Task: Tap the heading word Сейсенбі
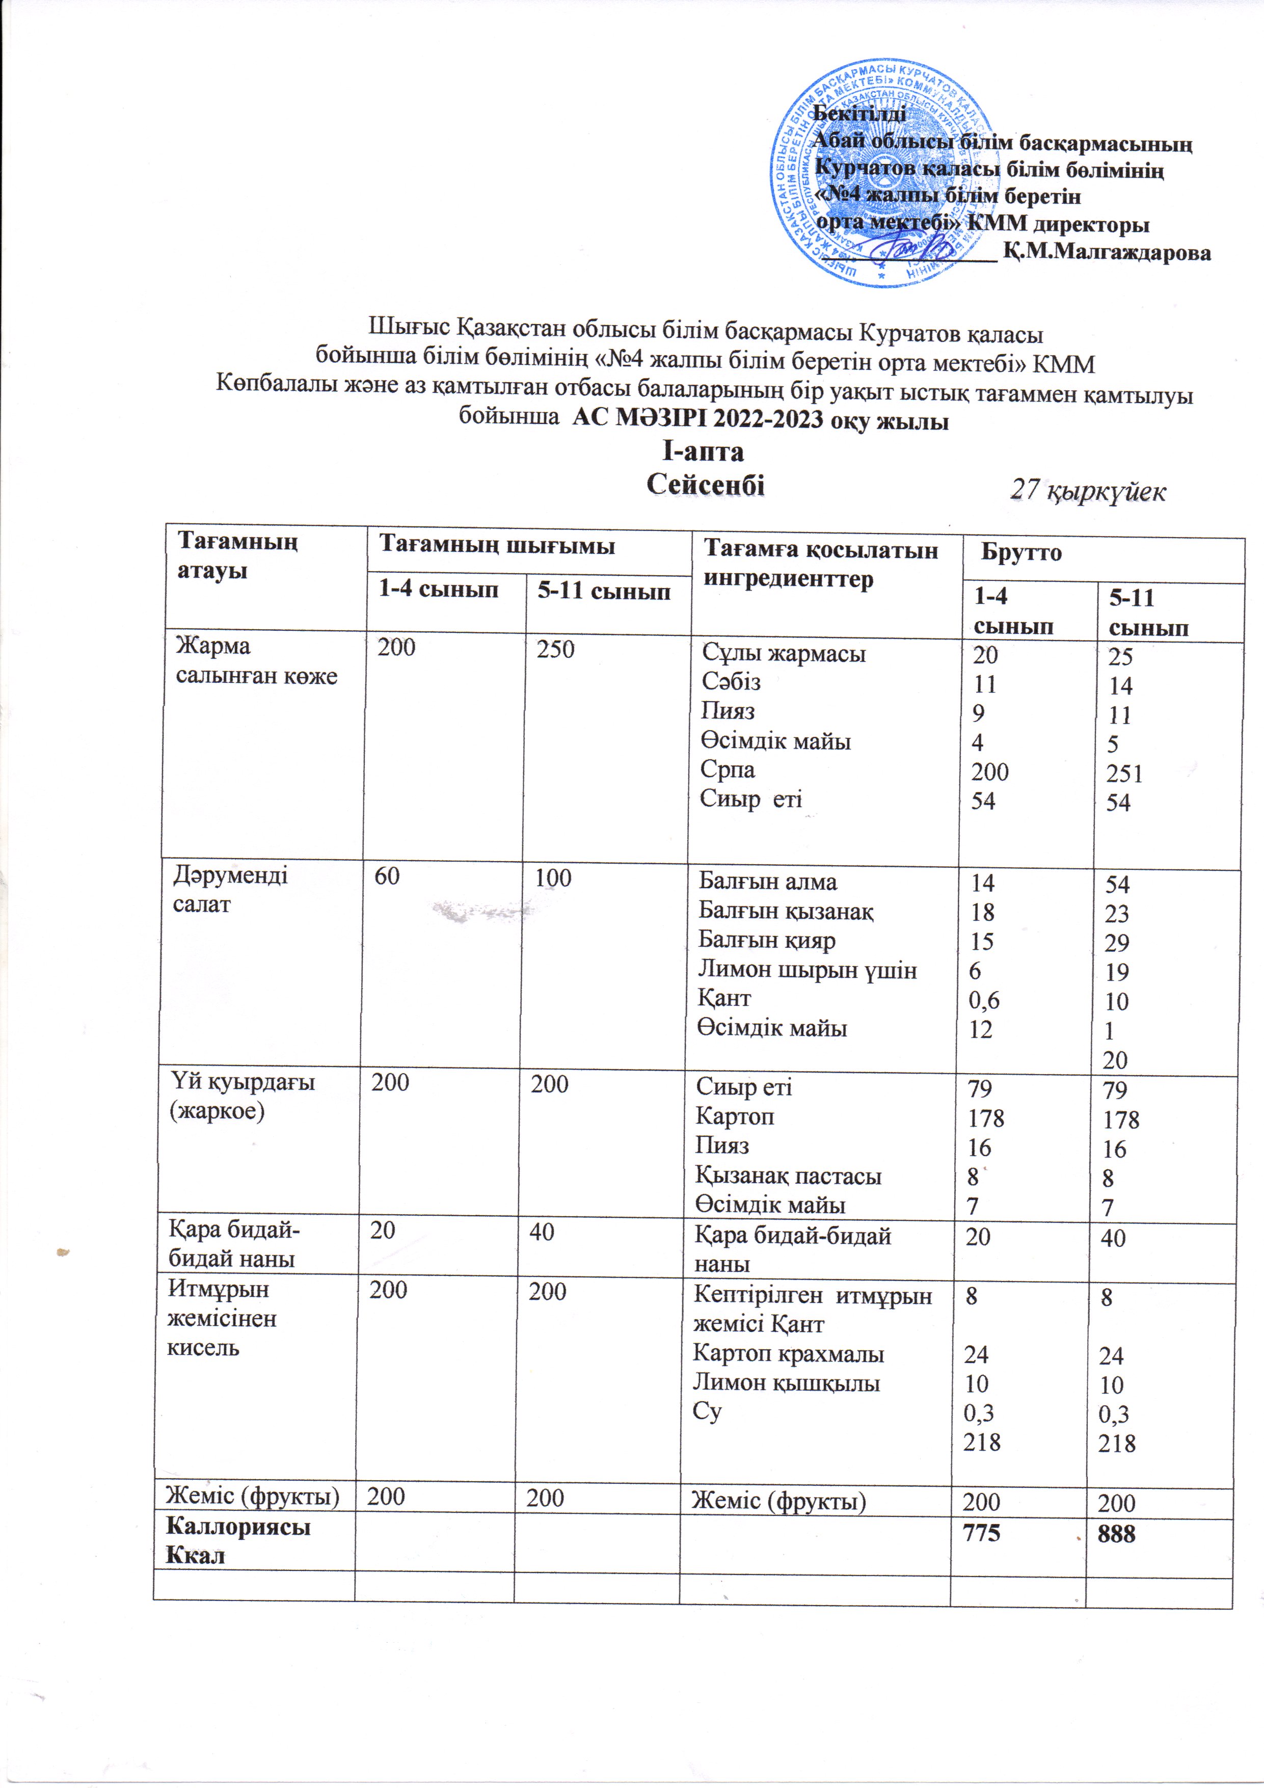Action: click(x=706, y=485)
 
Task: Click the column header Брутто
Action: click(x=1021, y=553)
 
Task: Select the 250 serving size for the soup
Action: click(x=555, y=649)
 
